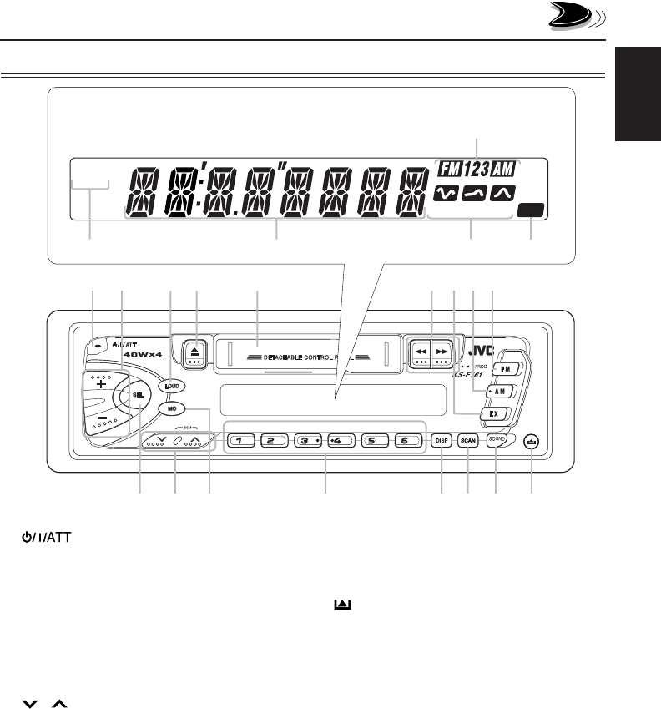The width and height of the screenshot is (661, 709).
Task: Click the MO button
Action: coord(169,410)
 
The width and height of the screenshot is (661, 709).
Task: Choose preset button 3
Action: coord(308,440)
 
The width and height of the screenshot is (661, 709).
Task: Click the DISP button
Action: coord(441,440)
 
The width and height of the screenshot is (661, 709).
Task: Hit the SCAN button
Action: coord(468,440)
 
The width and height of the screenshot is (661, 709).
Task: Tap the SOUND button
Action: coord(497,439)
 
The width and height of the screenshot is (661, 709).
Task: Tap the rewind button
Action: coord(421,352)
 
